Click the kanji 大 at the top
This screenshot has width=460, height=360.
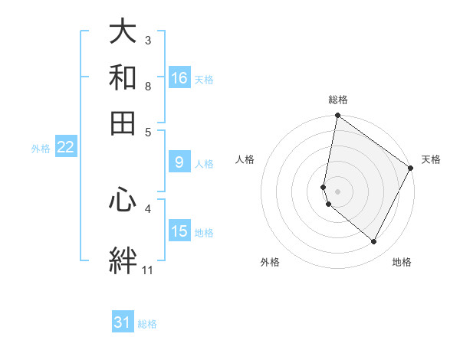point(123,32)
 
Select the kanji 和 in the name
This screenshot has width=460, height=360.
point(123,77)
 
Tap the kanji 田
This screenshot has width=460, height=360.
point(123,123)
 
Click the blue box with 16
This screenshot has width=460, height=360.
point(179,78)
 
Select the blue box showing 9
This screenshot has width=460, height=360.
point(179,162)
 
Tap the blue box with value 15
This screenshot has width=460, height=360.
point(179,231)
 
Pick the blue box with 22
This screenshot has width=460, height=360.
point(65,148)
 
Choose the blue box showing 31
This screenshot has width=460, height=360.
point(123,322)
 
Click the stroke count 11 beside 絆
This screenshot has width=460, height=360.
point(148,270)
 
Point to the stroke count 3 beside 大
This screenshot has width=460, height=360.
point(148,40)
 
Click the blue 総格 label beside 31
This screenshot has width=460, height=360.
point(147,324)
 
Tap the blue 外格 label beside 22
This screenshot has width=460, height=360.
point(40,149)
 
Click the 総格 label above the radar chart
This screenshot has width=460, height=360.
point(338,100)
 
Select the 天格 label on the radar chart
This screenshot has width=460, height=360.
point(431,159)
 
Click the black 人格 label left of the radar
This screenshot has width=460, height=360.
point(245,159)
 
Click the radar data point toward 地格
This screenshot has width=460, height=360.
point(373,242)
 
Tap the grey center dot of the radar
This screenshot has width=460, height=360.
point(337,191)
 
